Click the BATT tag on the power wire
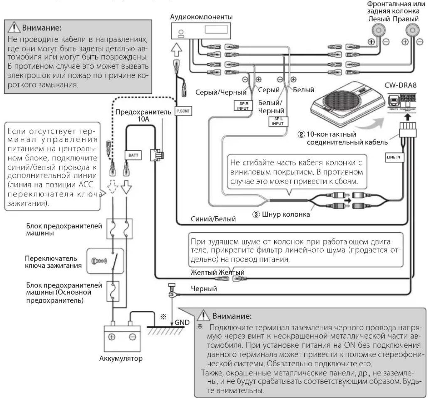[133, 155]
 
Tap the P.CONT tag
[183, 111]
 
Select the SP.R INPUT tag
[243, 106]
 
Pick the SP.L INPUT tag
[278, 121]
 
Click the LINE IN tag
[394, 157]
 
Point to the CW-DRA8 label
[400, 85]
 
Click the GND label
[182, 322]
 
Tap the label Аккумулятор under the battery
[121, 358]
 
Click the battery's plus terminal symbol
[112, 337]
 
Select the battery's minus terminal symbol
[132, 337]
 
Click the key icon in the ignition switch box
[99, 261]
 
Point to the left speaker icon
[378, 30]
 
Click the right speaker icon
[412, 30]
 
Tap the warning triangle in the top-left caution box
[14, 28]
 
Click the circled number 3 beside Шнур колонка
[256, 214]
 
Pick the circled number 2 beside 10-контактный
[301, 134]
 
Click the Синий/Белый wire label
[213, 219]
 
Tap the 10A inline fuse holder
[156, 154]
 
